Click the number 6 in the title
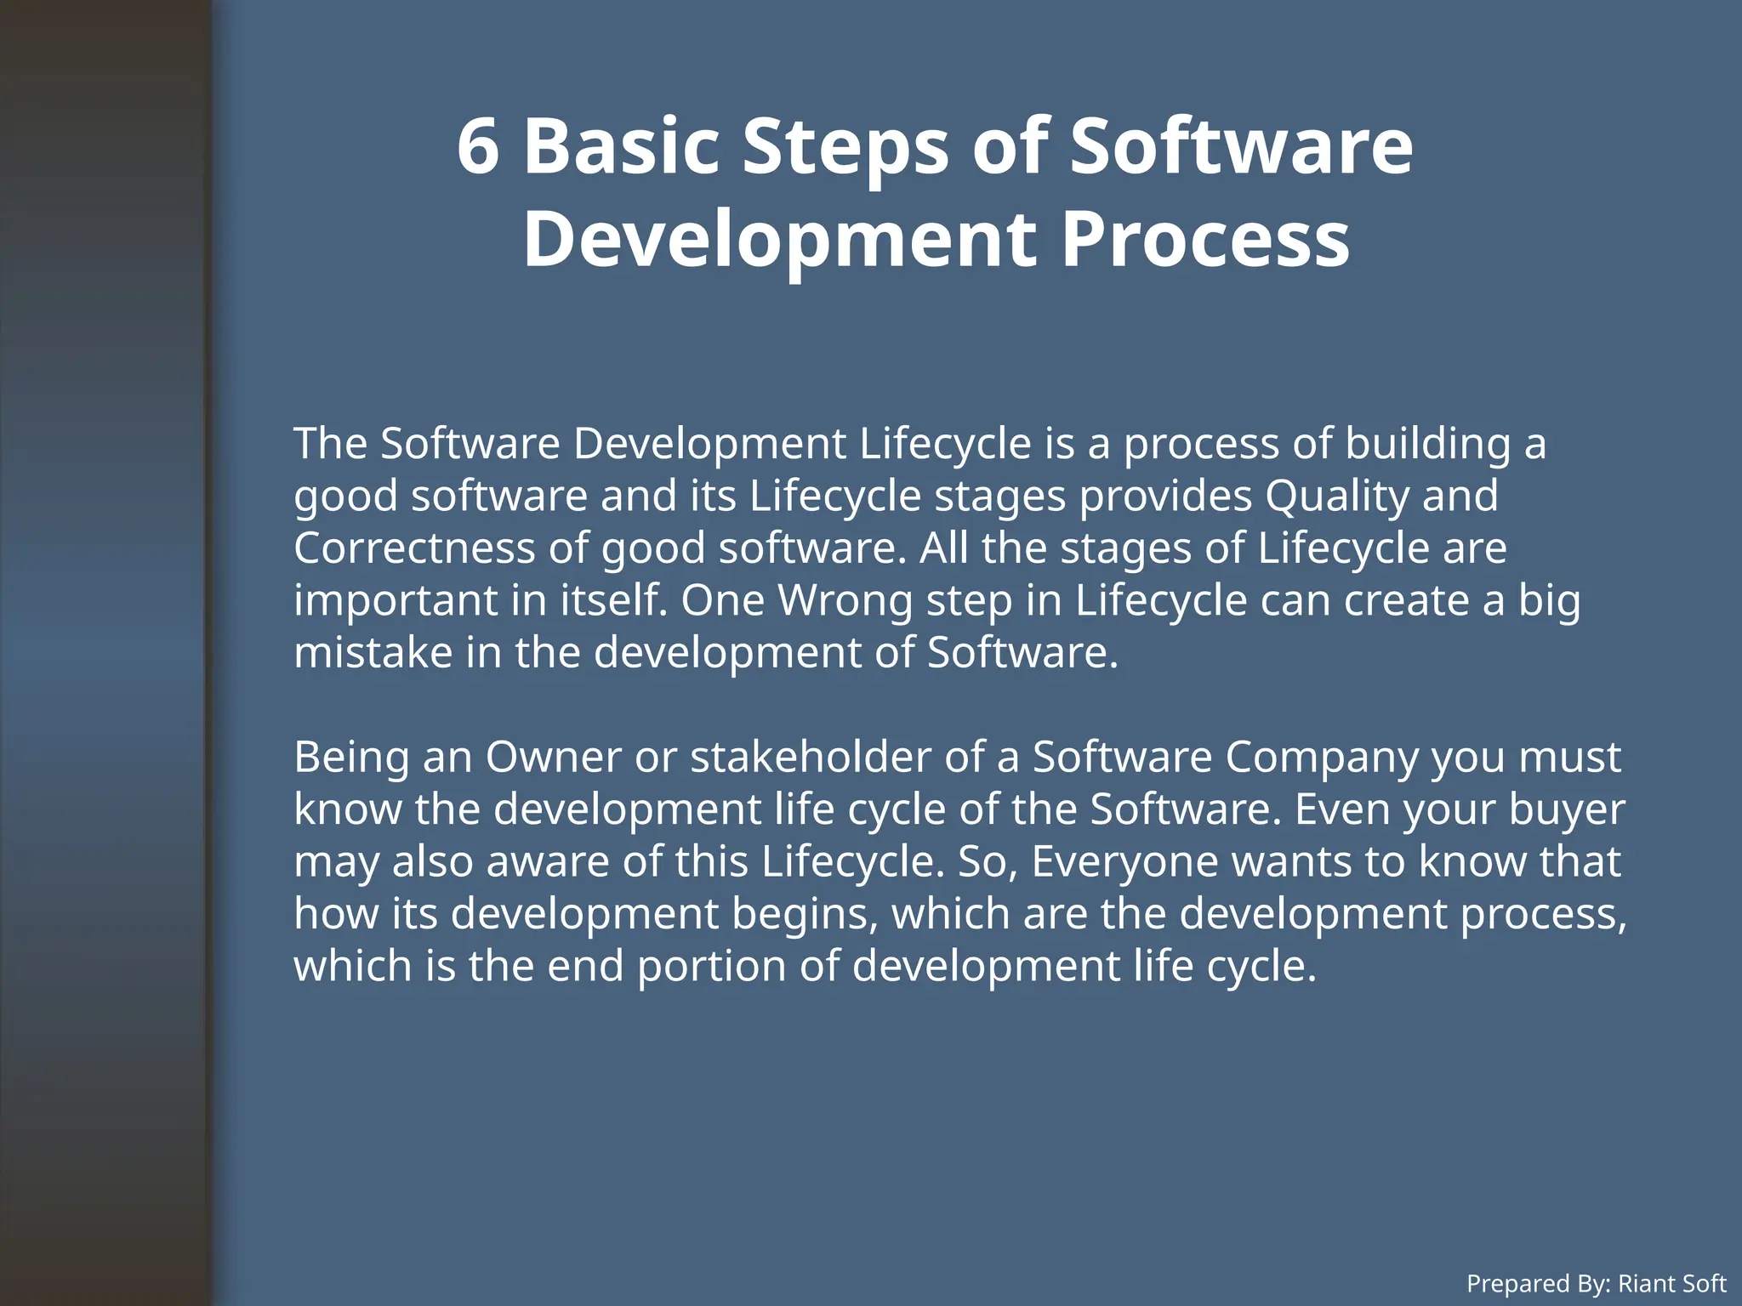(477, 146)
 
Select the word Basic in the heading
(621, 146)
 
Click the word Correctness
(414, 548)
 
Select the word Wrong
(845, 600)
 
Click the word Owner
(553, 757)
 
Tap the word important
(396, 600)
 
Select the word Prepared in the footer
(1517, 1283)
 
